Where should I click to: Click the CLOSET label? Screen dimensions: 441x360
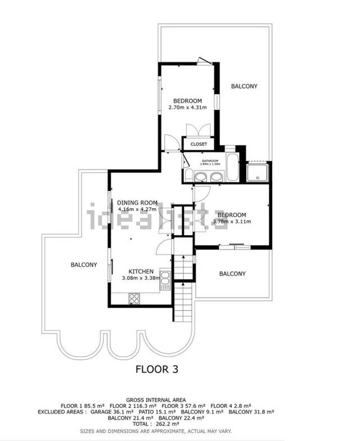click(199, 145)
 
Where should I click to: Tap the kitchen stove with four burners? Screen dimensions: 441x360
click(135, 298)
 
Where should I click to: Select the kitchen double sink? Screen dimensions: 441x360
click(164, 280)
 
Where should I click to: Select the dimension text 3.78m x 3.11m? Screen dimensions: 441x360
click(231, 222)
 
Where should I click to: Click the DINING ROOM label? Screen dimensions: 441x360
click(137, 203)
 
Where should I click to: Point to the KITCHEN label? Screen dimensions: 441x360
click(141, 271)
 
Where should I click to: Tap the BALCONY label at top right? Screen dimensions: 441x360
click(244, 86)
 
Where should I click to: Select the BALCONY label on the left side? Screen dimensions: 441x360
click(84, 264)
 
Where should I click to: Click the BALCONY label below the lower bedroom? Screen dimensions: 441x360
click(232, 274)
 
